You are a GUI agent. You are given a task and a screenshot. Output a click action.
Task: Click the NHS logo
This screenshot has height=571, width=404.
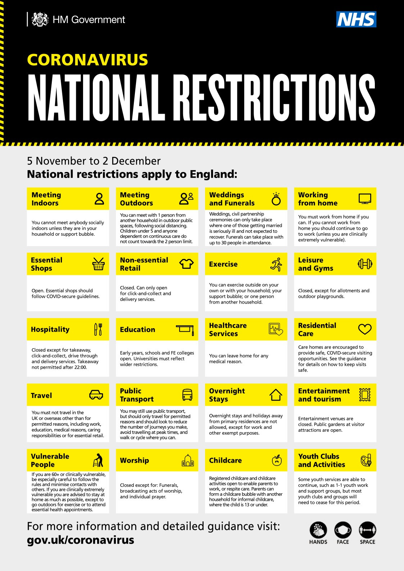(x=356, y=19)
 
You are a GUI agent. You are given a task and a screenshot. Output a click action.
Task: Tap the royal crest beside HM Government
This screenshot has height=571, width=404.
(x=40, y=19)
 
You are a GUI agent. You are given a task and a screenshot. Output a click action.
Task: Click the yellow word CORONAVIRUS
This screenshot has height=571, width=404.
(x=87, y=60)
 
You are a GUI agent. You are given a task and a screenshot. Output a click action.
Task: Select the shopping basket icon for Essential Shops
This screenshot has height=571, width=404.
(x=98, y=264)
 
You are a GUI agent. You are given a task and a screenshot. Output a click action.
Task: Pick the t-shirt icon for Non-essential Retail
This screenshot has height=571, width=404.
(x=186, y=264)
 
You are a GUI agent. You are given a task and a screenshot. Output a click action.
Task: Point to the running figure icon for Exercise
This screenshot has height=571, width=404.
(x=276, y=264)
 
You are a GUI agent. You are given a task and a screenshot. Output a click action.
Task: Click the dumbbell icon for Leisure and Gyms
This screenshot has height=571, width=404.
(x=365, y=264)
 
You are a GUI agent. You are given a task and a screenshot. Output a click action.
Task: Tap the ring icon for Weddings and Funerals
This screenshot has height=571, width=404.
(x=276, y=199)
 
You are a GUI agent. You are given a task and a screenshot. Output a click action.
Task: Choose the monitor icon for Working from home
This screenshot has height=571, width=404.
(x=365, y=199)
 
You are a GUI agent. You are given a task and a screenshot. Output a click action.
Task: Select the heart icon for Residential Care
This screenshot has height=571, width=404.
(x=365, y=329)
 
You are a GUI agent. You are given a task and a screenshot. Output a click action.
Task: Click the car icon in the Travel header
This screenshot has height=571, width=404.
(x=96, y=395)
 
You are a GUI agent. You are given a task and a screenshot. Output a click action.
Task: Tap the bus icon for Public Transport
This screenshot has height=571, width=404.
(x=187, y=395)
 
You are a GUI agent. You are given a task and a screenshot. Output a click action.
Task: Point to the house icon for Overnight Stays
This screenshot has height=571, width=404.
(x=276, y=395)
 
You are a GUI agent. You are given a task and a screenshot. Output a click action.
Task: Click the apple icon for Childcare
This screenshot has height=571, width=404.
(x=277, y=460)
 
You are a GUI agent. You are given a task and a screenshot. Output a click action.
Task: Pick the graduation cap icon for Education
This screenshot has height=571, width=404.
(x=185, y=329)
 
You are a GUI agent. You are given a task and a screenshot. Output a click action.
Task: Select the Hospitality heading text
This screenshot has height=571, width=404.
(x=50, y=330)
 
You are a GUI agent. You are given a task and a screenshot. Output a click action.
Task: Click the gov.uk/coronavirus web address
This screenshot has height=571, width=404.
(x=81, y=540)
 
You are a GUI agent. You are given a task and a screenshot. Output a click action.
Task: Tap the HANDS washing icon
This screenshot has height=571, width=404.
(x=318, y=530)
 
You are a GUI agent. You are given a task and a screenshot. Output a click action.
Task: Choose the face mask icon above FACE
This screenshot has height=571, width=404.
(x=343, y=530)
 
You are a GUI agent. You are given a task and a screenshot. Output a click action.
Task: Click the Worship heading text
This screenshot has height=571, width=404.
(x=135, y=461)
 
